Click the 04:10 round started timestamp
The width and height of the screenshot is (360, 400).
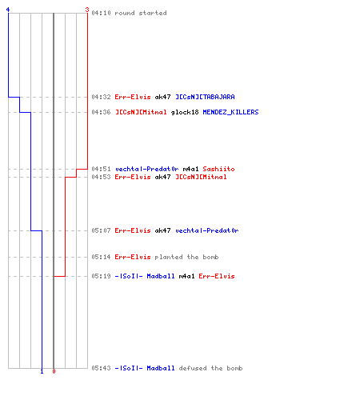click(x=101, y=13)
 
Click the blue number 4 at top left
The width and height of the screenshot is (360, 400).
click(x=8, y=10)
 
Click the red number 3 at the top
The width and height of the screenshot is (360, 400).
click(x=87, y=10)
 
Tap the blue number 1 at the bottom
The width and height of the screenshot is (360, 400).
click(x=42, y=371)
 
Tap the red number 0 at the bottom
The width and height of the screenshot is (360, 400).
click(x=54, y=371)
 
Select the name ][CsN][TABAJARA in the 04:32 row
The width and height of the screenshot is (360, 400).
click(x=205, y=97)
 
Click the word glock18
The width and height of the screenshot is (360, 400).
click(x=185, y=112)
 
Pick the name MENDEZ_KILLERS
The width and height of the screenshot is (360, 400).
click(x=230, y=112)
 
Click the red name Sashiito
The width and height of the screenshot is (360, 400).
click(x=218, y=169)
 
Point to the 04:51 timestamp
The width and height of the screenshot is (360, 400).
click(x=101, y=169)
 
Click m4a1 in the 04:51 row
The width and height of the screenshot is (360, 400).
click(x=190, y=169)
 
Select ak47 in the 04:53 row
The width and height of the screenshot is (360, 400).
click(x=162, y=177)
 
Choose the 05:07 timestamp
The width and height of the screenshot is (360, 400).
click(x=101, y=230)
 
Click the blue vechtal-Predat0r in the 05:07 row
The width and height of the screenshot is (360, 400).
click(x=207, y=230)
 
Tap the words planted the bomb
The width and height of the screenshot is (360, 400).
click(x=186, y=257)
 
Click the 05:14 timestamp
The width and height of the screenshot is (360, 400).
click(x=101, y=257)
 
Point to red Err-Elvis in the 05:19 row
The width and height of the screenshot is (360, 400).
click(x=217, y=276)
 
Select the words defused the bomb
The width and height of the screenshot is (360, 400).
click(x=210, y=368)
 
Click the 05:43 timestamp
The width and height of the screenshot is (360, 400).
click(x=101, y=368)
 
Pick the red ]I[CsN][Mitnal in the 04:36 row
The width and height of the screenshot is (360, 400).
click(x=141, y=112)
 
